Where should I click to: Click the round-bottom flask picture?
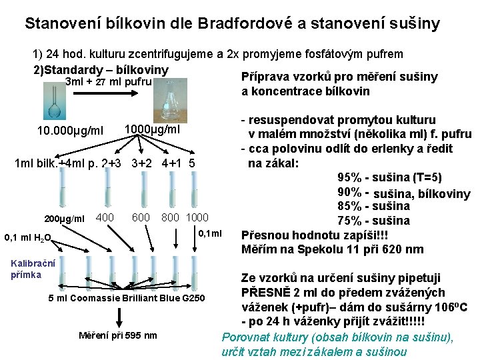(x=54, y=99)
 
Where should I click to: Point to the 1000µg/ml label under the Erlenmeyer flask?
(x=152, y=129)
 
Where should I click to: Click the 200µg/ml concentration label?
(x=65, y=219)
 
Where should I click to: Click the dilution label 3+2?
(x=140, y=163)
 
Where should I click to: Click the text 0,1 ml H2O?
(x=27, y=237)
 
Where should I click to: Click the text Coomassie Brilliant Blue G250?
(x=134, y=296)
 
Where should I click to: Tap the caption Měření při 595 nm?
(x=118, y=335)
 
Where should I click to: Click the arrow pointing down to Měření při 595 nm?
(x=121, y=316)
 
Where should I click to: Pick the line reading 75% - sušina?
(x=373, y=221)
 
